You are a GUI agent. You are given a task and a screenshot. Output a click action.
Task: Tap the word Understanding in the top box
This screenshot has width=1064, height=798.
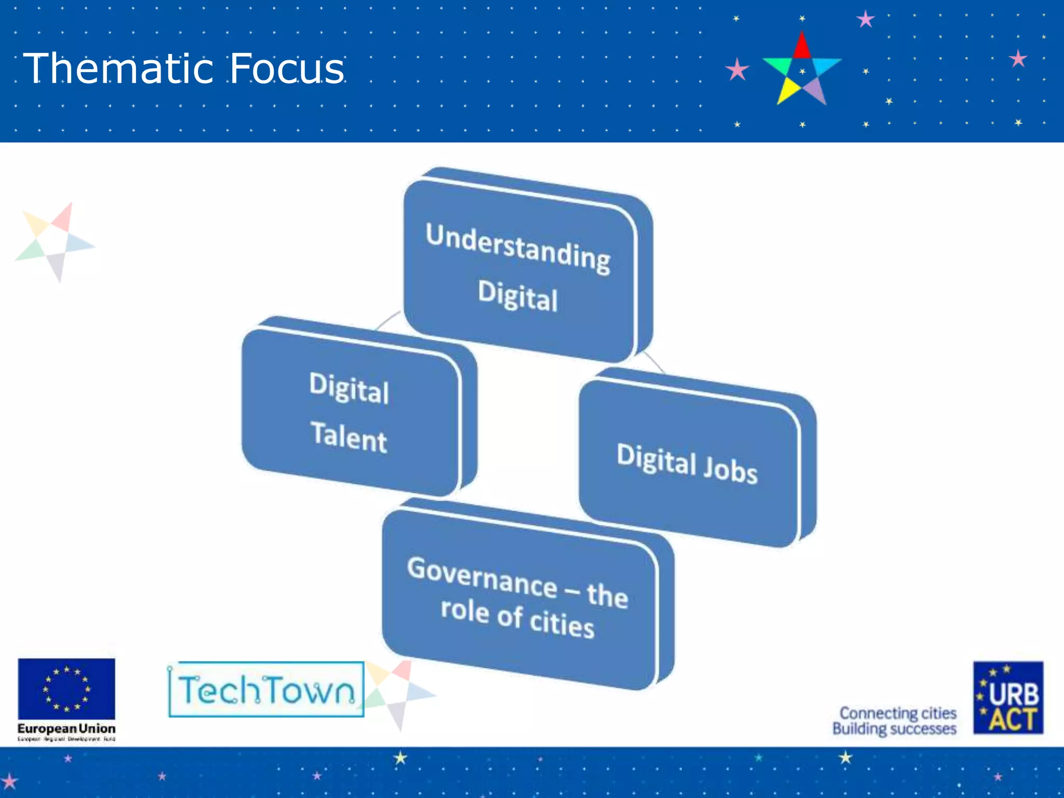[x=518, y=248]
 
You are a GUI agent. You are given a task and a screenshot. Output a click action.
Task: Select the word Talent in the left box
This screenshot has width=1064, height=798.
[x=349, y=437]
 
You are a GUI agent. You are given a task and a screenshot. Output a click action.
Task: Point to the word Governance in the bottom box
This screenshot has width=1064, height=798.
[x=482, y=576]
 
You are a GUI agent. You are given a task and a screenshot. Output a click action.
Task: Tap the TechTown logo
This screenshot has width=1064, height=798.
[x=266, y=690]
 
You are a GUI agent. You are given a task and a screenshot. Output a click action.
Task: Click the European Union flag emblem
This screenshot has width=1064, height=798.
[x=66, y=689]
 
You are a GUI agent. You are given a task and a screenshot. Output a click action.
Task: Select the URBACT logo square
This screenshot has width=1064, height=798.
[x=1008, y=698]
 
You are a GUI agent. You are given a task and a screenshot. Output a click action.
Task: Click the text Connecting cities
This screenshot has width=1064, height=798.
[x=898, y=713]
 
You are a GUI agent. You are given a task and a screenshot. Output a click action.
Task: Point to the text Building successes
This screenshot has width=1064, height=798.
[x=894, y=729]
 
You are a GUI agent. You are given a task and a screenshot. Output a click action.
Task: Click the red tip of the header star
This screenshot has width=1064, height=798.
[x=802, y=46]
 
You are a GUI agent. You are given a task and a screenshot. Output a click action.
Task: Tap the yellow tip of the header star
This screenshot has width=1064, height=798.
[x=787, y=92]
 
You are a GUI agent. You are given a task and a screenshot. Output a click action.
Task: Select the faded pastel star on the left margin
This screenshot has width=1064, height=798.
[x=55, y=242]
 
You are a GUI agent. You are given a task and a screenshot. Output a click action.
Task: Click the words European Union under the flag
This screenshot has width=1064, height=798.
[x=66, y=728]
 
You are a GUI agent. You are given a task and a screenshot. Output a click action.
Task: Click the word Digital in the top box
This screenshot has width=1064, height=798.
[x=518, y=296]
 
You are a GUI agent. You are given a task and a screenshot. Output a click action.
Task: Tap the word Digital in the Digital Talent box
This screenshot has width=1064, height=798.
[x=349, y=388]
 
